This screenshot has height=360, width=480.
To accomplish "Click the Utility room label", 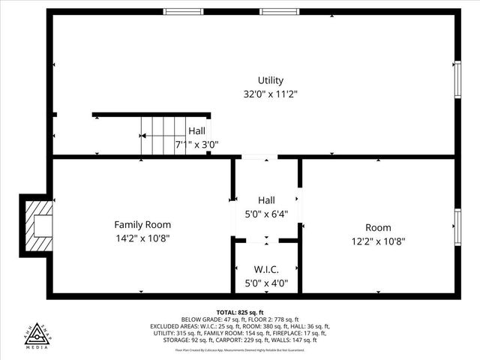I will click(271, 80).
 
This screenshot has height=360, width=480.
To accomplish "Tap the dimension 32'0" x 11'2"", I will click(271, 94).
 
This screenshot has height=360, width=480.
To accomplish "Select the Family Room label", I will click(142, 224).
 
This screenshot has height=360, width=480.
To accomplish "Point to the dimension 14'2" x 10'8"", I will click(142, 238).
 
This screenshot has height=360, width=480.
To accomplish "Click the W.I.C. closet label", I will click(266, 269).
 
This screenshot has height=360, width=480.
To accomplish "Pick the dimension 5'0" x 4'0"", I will click(266, 283).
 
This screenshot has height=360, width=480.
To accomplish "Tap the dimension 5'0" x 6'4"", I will click(266, 214).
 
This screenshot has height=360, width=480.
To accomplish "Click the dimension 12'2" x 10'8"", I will click(379, 241).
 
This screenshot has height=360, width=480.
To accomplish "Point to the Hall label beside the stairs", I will click(197, 130).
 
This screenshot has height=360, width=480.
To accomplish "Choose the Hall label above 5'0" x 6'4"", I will click(266, 200).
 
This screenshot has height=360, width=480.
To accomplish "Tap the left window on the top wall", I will click(184, 12).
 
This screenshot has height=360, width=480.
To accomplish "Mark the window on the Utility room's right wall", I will click(456, 79).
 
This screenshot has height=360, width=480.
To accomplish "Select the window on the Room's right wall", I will click(456, 227).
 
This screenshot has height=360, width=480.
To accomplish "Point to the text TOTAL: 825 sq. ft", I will click(240, 312).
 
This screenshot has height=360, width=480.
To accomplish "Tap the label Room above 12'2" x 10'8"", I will click(378, 227).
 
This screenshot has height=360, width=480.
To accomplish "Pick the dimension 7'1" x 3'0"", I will click(196, 145).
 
